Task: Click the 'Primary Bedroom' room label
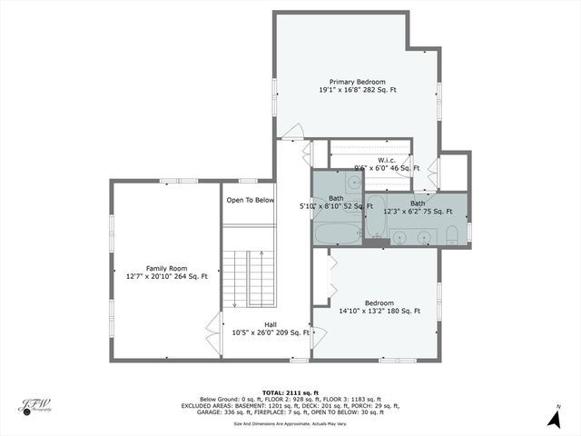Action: click(x=358, y=81)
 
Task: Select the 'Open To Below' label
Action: click(x=251, y=200)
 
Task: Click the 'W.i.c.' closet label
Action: click(x=387, y=160)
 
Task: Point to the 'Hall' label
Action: click(x=271, y=323)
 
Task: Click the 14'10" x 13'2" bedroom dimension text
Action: click(x=379, y=312)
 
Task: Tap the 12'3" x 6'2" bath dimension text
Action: click(x=418, y=212)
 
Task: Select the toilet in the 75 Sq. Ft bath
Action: click(x=452, y=237)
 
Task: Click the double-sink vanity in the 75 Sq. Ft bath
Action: click(x=413, y=238)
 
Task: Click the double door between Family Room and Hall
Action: click(x=215, y=324)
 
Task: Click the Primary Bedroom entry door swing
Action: click(x=292, y=133)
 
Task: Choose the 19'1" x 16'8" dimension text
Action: click(x=358, y=90)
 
